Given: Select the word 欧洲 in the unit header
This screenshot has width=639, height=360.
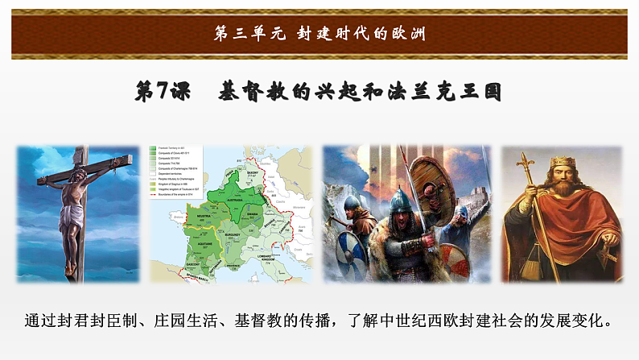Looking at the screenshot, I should coord(406,34).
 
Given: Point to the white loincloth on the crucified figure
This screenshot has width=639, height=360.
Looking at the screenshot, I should coord(72,218).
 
